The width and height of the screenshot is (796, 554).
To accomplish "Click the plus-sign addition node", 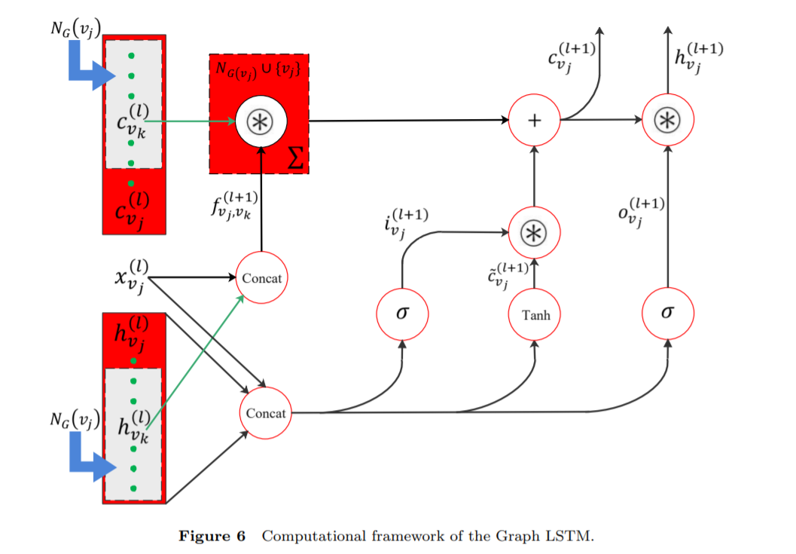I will click(x=534, y=121).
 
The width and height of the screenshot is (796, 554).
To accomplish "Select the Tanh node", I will click(x=534, y=314).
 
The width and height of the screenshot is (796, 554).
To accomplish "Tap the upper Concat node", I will click(x=261, y=278).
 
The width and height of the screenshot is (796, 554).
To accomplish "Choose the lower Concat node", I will click(x=266, y=413).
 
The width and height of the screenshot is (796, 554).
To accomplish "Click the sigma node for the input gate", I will click(x=402, y=314).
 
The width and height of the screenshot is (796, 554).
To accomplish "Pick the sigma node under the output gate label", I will click(x=667, y=314).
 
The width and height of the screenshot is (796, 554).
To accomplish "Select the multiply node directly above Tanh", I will click(x=534, y=234).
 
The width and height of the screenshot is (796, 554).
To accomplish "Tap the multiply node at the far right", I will click(x=667, y=121).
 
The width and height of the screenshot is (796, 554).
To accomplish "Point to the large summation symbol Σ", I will click(x=297, y=158).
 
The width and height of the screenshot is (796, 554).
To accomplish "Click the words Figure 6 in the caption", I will click(x=212, y=537).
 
